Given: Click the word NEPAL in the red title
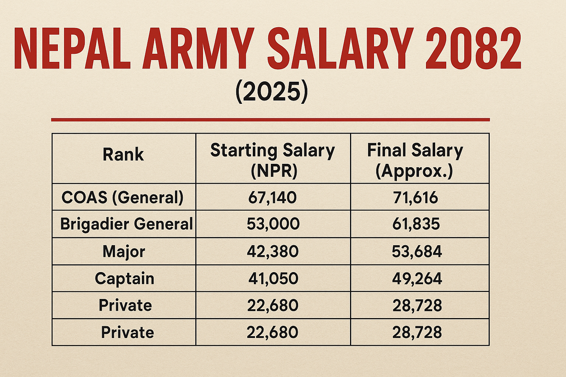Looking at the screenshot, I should (x=72, y=49).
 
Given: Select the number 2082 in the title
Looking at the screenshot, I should (x=473, y=49).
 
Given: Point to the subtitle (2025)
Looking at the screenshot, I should (x=271, y=92).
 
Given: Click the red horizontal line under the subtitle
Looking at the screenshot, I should (x=270, y=120).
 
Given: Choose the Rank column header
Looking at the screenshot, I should (x=123, y=154).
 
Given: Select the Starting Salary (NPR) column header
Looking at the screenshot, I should (x=273, y=161).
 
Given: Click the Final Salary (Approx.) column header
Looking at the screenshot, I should (x=415, y=161).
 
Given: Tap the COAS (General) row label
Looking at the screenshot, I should (x=122, y=197).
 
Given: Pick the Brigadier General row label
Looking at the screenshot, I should (x=126, y=224).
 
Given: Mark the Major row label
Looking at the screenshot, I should (x=124, y=251).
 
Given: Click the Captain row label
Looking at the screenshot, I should (x=124, y=278).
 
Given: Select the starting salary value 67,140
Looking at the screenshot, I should (x=272, y=197).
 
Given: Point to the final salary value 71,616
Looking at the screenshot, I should (x=415, y=197).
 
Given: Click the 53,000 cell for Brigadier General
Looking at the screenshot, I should (x=273, y=224).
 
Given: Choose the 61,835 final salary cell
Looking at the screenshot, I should (x=416, y=224).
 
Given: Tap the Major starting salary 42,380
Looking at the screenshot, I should (x=273, y=251).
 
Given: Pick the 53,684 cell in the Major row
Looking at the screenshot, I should (x=417, y=251).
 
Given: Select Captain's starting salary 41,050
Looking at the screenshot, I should (x=273, y=278).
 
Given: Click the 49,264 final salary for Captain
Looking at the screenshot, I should (x=417, y=278).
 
